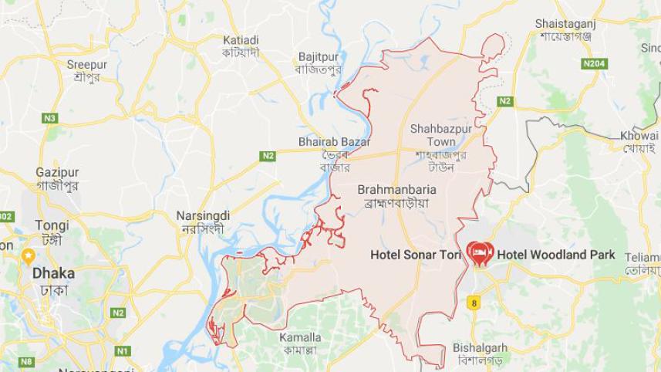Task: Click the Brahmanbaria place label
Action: [397, 188]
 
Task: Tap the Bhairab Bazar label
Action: [334, 142]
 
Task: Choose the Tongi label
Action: [52, 225]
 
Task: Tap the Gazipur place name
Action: [54, 172]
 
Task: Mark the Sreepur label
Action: [87, 65]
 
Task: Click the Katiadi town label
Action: [241, 39]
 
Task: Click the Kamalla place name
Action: [300, 337]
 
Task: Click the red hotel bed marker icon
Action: [477, 253]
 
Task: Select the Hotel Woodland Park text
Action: [556, 254]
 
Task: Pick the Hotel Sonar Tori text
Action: [416, 254]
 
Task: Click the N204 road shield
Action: [594, 63]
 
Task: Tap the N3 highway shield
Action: [50, 118]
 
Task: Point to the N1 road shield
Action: [121, 351]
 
